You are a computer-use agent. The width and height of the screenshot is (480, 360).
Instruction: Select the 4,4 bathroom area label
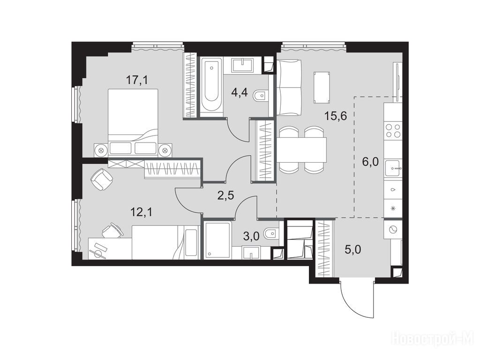(x=240, y=92)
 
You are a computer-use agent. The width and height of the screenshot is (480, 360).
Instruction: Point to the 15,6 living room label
(x=336, y=116)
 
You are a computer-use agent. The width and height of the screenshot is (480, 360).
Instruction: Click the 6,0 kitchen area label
(x=370, y=162)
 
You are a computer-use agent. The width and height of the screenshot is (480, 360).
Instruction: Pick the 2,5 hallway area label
(x=225, y=195)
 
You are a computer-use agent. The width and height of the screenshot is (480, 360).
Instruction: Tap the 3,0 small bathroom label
(x=252, y=236)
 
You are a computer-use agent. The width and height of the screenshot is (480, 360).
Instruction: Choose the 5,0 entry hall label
(x=353, y=249)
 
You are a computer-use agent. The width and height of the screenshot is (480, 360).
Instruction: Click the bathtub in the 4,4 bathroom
(x=211, y=85)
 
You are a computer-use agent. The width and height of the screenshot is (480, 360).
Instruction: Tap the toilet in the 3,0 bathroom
(x=271, y=234)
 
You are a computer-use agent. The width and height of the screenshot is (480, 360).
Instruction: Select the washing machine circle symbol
(x=392, y=229)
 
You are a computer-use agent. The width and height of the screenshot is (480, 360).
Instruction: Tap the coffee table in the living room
(x=322, y=87)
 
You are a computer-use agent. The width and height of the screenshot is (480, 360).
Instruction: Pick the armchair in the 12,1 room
(x=102, y=179)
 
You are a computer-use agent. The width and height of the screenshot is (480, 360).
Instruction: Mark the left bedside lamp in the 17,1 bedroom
(x=101, y=150)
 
